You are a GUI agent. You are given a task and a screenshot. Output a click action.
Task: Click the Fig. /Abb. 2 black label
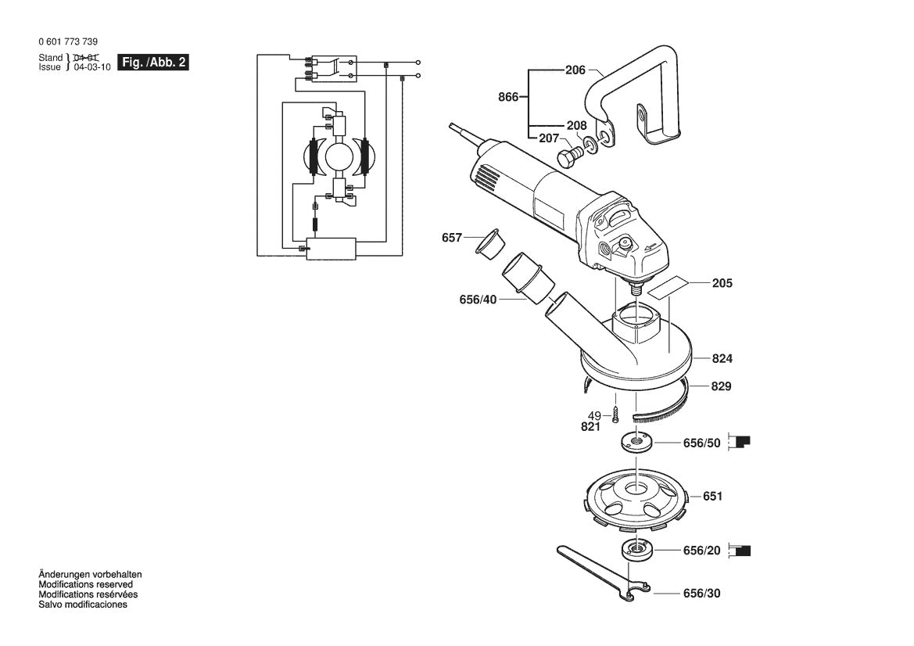click(x=152, y=63)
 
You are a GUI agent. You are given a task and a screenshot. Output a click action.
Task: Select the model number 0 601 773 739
click(x=68, y=42)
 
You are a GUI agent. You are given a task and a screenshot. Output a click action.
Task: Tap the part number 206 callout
click(x=575, y=70)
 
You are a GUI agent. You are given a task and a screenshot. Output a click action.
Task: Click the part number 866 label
click(x=508, y=98)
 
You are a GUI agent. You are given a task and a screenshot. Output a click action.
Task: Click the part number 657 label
click(x=452, y=238)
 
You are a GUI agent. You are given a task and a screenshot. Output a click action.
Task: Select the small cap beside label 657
click(x=488, y=242)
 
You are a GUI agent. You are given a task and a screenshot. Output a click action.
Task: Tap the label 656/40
click(x=478, y=299)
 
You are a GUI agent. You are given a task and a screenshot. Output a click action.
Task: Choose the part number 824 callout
click(x=722, y=359)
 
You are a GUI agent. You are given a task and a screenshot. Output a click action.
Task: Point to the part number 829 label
click(x=722, y=386)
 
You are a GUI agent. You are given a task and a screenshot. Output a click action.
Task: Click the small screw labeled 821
click(x=616, y=412)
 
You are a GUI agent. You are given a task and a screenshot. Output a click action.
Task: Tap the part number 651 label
click(x=712, y=496)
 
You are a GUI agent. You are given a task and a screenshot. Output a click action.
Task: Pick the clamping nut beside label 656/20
click(x=636, y=550)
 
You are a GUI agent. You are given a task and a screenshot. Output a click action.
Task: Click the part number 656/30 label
click(x=701, y=594)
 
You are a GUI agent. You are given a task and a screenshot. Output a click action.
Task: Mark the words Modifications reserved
click(x=85, y=584)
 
